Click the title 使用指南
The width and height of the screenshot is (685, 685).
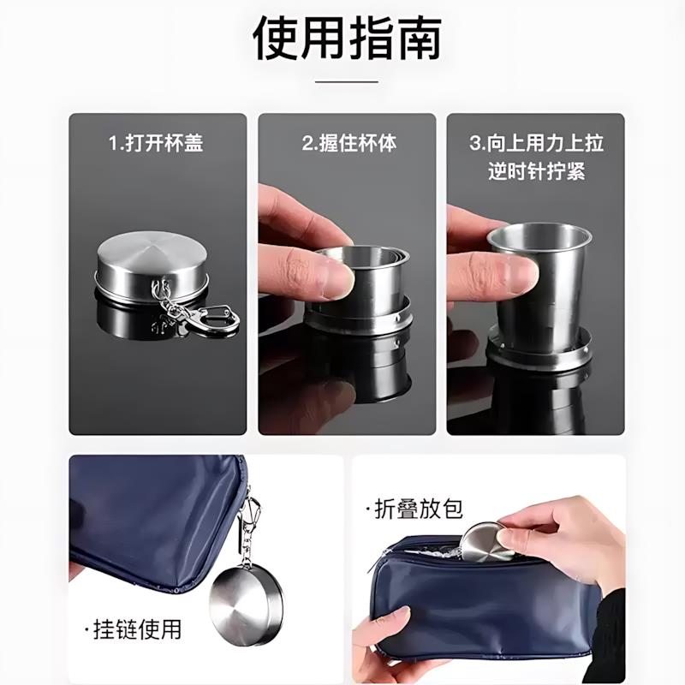346,39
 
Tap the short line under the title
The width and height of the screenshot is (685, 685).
346,82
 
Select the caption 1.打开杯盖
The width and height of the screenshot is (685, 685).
156,143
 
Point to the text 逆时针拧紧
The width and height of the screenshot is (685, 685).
536,170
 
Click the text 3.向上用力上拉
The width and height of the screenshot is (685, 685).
536,143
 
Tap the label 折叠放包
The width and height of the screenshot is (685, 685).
419,509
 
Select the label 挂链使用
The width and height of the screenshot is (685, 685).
137,629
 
